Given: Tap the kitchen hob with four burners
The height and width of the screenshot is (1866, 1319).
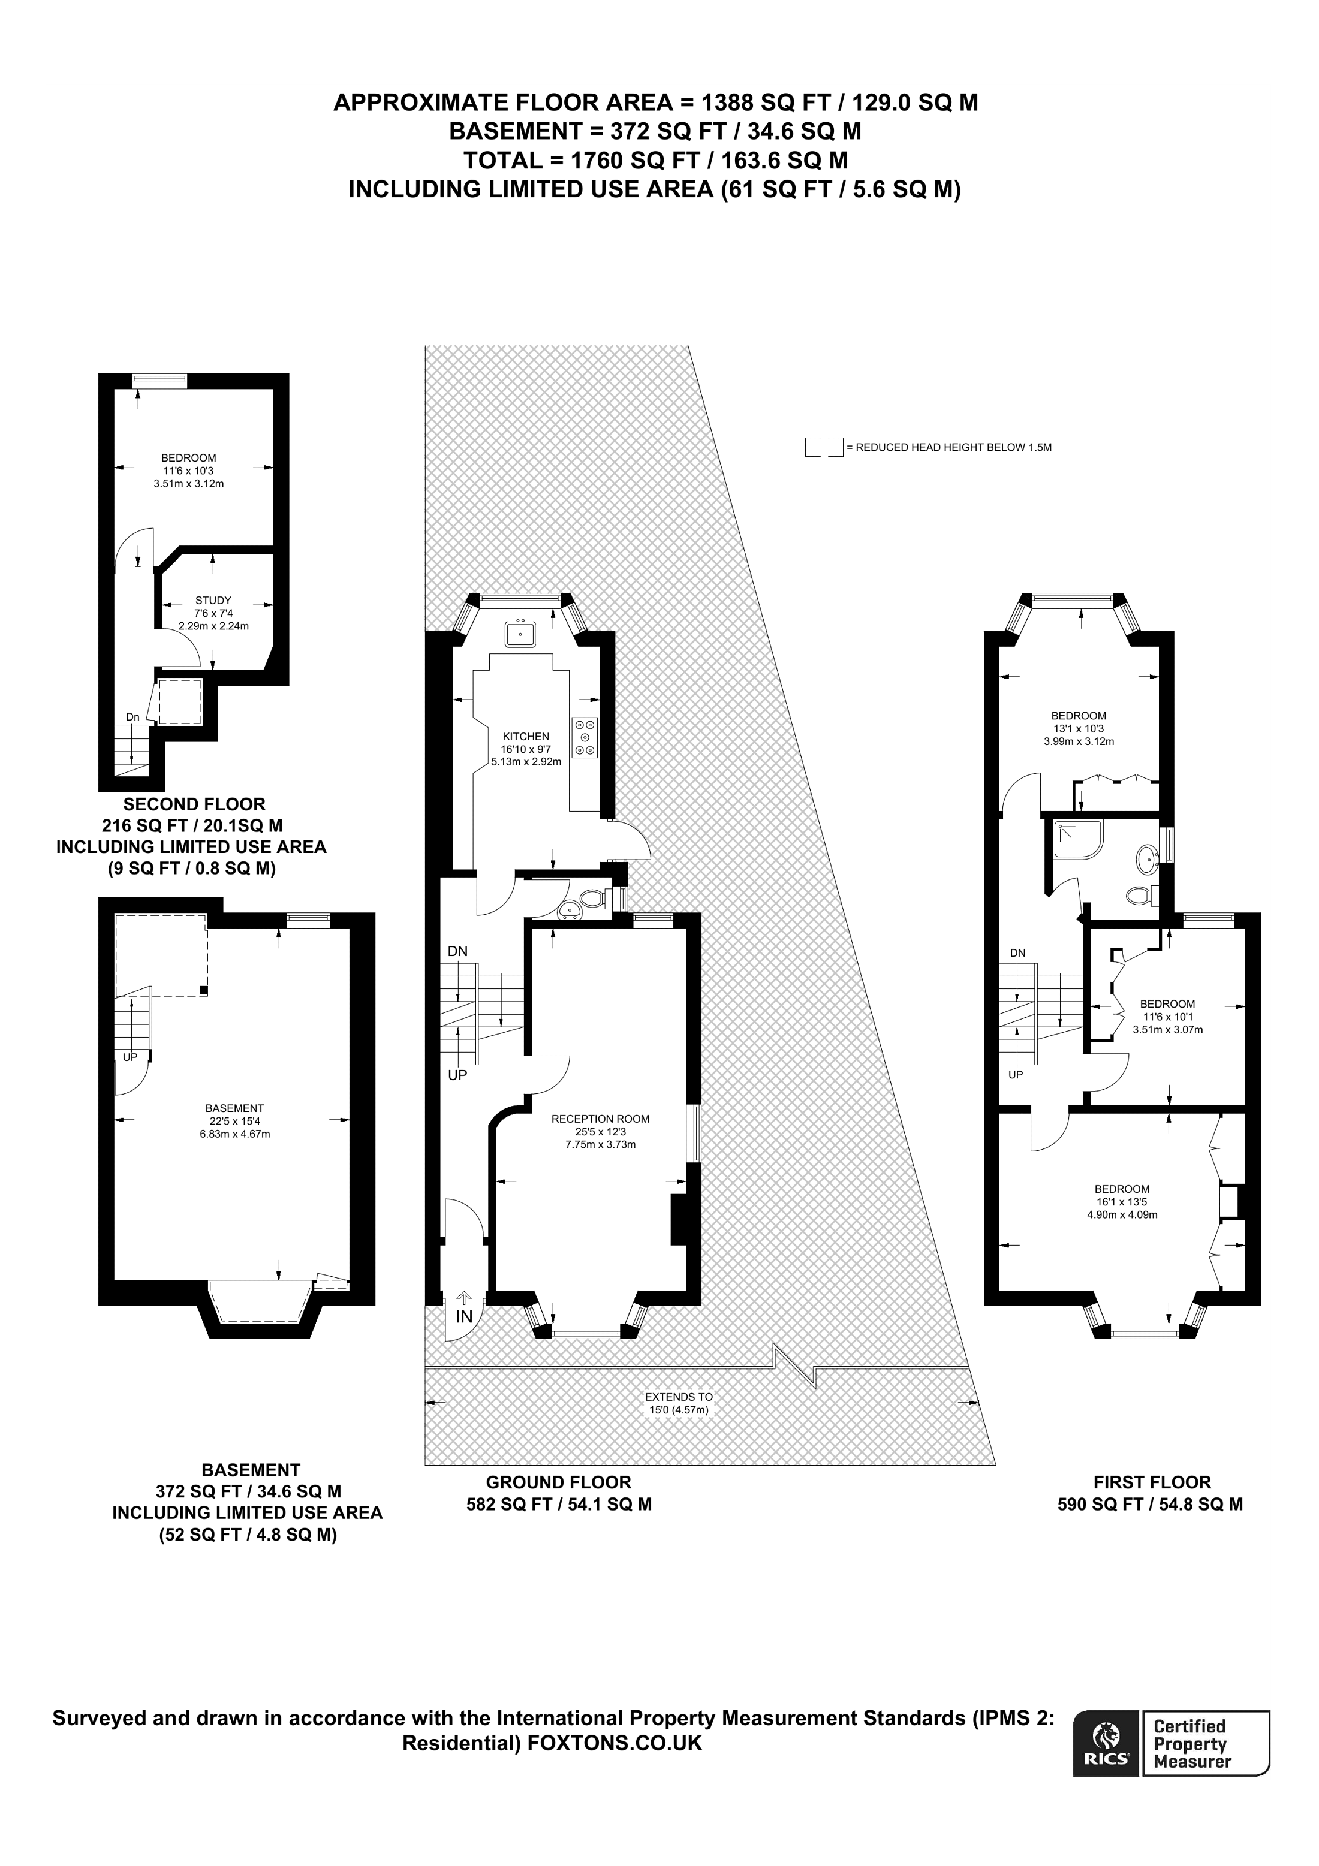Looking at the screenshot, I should (x=585, y=737).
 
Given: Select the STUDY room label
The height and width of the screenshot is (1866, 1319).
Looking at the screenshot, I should (x=213, y=601).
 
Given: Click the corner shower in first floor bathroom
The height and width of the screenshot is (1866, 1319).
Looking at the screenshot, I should (x=1077, y=840).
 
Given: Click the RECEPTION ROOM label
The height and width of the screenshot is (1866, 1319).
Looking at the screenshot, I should (x=601, y=1119).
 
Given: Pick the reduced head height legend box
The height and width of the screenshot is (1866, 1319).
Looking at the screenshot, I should (x=824, y=447).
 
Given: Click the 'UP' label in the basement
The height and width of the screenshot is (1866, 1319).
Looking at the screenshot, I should (x=130, y=1057).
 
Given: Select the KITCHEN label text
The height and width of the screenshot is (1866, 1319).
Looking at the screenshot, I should (x=526, y=736).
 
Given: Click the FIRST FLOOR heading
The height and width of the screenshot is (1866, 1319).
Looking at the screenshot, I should (x=1152, y=1482).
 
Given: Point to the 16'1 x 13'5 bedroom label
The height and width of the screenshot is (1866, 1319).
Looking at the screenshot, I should (x=1122, y=1202).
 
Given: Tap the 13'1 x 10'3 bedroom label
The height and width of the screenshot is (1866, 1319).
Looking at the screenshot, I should (x=1079, y=728).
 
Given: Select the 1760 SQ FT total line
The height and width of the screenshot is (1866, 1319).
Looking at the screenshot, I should (x=655, y=159).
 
